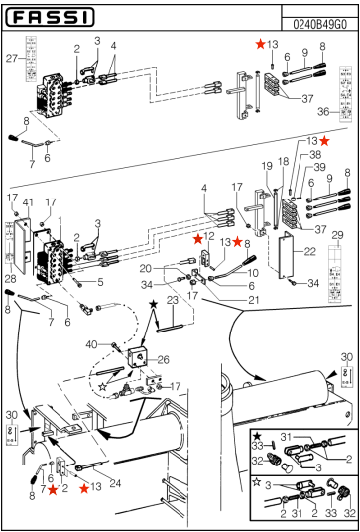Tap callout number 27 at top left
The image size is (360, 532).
[13, 60]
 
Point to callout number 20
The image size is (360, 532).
[145, 268]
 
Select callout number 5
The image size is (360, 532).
[100, 282]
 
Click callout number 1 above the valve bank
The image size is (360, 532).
[61, 220]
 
